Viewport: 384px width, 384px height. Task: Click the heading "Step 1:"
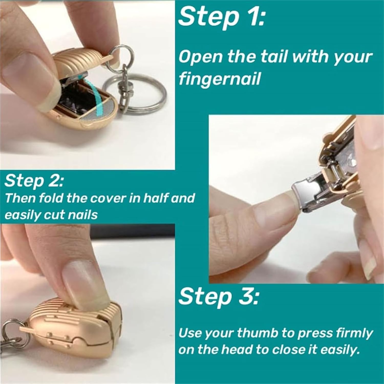(x=221, y=17)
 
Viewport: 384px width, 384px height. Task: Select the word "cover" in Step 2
(x=108, y=198)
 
